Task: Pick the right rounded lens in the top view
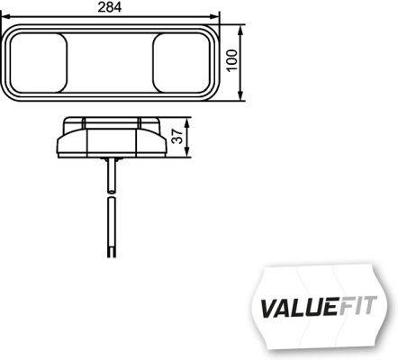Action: (178, 61)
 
